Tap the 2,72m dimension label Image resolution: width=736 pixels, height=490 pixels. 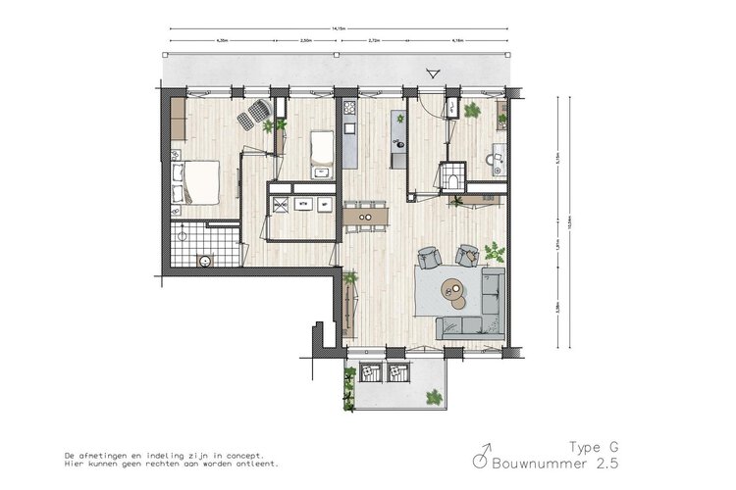pos(374,41)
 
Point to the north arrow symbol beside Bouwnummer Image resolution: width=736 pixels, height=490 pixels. pos(481,457)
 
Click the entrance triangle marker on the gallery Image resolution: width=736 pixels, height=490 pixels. pos(432,72)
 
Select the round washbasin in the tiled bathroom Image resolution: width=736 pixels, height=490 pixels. pos(205,261)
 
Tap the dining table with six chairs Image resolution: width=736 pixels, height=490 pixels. pos(364,212)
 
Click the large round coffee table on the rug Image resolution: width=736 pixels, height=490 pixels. pos(451,288)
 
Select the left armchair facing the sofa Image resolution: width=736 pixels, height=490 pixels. pos(429,258)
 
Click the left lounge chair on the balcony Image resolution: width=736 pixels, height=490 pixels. pos(370,372)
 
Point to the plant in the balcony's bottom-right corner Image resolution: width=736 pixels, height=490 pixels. pos(433,396)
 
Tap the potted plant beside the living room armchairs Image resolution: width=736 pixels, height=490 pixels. pos(493,253)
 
